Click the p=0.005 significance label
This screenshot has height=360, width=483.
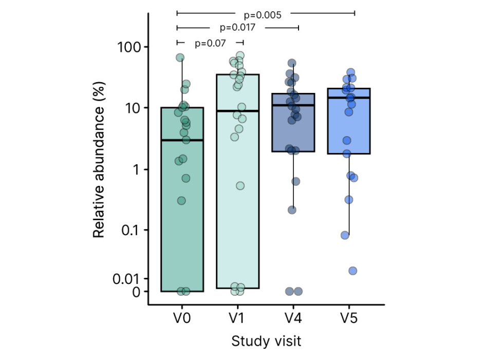(x=262, y=15)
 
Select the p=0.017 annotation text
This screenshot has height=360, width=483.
(x=238, y=28)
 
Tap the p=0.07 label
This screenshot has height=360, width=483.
(x=210, y=44)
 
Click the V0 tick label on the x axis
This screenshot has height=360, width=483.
(x=182, y=318)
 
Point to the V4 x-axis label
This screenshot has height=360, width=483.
(x=293, y=318)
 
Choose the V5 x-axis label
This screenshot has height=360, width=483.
(x=349, y=318)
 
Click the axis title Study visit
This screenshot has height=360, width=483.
(x=266, y=341)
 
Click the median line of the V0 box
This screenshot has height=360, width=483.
(x=182, y=140)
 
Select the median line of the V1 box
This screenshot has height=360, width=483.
(x=237, y=111)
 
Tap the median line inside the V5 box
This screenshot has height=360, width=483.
(x=349, y=98)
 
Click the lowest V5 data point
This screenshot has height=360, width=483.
(x=352, y=271)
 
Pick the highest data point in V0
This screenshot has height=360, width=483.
(x=180, y=58)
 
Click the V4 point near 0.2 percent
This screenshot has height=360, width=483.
(x=292, y=210)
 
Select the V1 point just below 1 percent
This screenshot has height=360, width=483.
(x=239, y=185)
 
